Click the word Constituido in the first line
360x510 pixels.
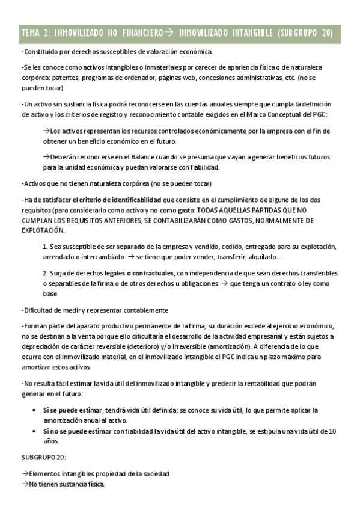(x=40, y=52)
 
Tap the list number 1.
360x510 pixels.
(x=45, y=247)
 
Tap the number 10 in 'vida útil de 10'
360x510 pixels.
(x=333, y=431)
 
